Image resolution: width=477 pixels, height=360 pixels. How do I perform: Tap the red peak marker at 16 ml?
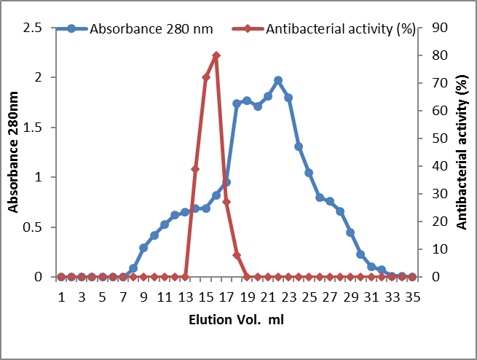216,55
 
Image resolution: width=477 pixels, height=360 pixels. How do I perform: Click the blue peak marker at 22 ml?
278,80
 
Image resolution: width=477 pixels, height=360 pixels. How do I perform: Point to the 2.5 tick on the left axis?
33,28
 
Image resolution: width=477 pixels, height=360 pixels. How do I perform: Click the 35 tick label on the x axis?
412,297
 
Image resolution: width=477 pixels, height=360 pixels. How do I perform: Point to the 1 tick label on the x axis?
61,297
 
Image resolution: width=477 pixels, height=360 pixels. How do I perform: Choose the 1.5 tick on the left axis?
33,128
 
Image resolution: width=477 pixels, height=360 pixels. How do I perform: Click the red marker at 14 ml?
195,169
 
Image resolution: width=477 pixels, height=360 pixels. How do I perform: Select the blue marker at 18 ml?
237,103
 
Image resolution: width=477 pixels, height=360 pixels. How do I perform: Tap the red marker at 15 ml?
206,77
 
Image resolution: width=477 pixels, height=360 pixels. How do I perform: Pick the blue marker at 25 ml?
309,173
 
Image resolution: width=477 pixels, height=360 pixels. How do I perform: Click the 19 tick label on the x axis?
247,297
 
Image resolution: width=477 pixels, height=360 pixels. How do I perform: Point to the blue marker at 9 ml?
143,248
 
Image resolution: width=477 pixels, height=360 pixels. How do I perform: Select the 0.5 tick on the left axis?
33,227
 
